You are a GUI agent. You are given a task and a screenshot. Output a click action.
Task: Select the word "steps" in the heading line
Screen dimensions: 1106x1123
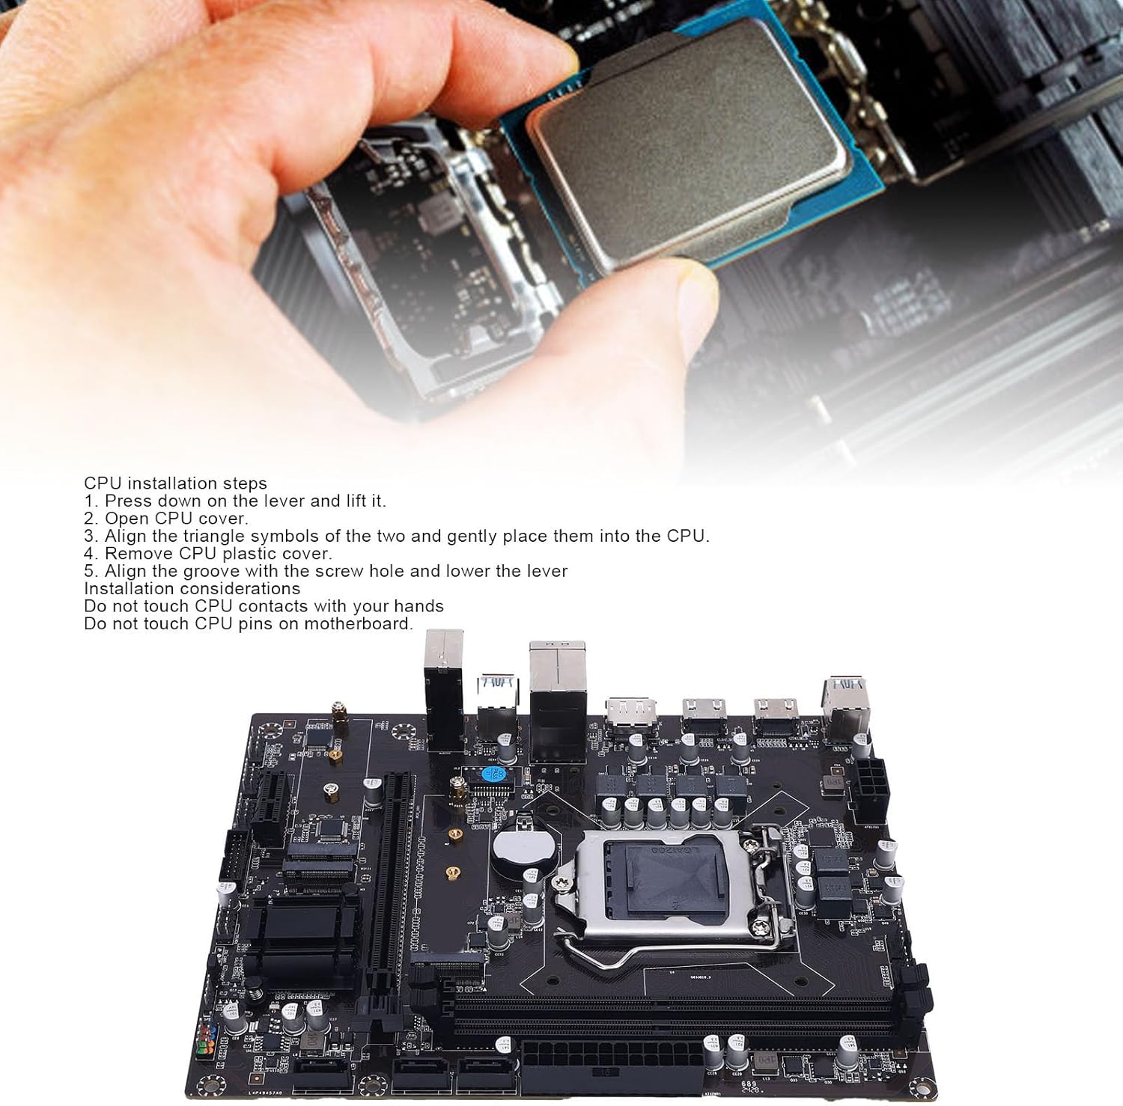244,483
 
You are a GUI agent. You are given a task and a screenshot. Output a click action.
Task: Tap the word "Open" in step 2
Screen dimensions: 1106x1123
125,519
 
